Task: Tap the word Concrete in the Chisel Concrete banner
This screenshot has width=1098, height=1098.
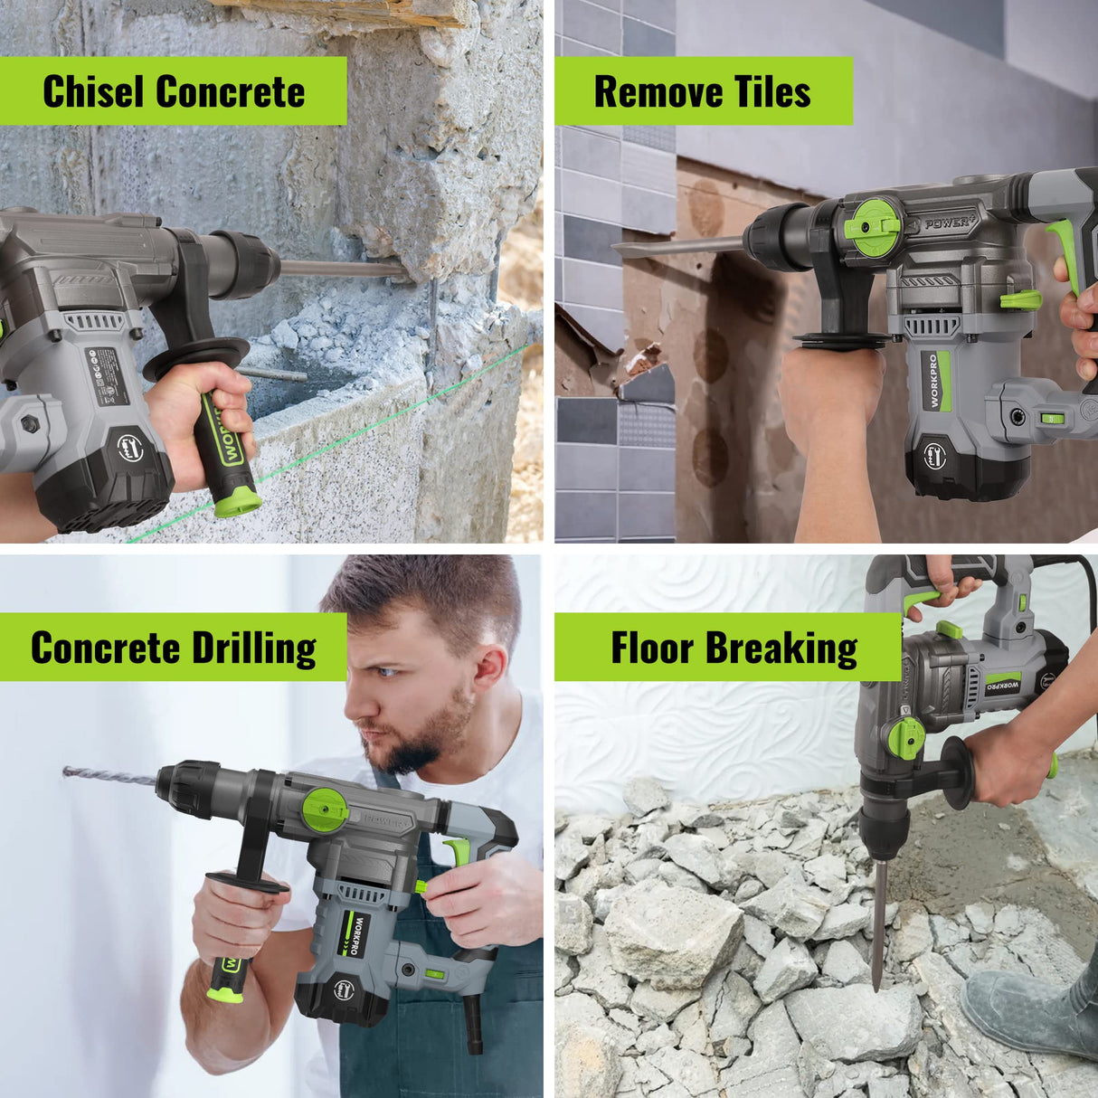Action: tap(231, 91)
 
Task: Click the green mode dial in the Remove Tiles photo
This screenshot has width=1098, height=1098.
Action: tap(876, 227)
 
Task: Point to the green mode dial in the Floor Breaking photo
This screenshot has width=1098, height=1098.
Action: tap(905, 737)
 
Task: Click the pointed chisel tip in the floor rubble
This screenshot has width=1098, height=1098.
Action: tap(876, 959)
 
